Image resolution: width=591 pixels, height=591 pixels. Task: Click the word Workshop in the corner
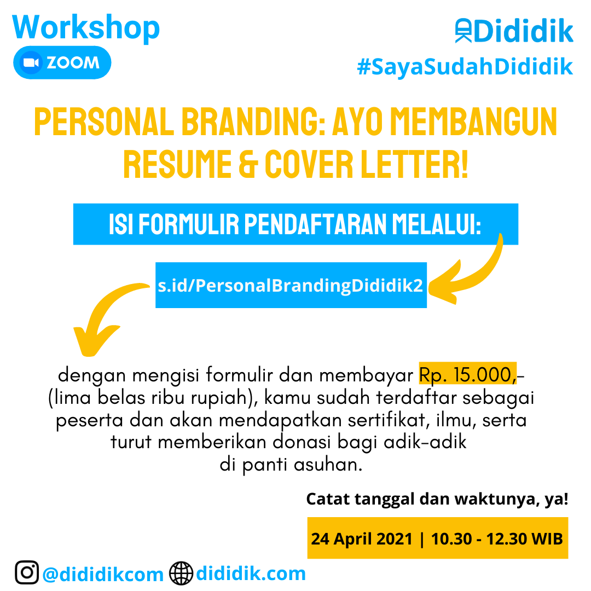click(86, 27)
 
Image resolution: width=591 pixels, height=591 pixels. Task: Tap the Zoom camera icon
click(31, 62)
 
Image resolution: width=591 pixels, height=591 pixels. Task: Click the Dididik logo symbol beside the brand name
click(463, 31)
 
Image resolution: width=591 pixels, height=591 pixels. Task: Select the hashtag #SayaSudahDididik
click(465, 67)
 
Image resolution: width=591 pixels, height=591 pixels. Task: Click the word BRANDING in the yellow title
click(253, 121)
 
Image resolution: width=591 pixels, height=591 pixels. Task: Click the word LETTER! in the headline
click(414, 164)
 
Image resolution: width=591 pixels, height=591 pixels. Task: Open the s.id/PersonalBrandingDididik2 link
click(291, 285)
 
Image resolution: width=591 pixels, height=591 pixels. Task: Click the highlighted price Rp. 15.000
click(467, 374)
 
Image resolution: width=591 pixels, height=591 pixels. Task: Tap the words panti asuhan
click(302, 465)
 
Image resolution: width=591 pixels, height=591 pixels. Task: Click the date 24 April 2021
click(362, 538)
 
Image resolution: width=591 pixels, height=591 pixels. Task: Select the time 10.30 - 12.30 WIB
click(497, 538)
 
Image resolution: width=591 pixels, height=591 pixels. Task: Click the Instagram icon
click(27, 572)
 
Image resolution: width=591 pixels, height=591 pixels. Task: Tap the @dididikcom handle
click(103, 575)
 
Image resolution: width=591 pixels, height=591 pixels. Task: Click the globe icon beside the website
click(181, 573)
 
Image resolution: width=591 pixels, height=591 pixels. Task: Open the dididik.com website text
click(251, 573)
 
